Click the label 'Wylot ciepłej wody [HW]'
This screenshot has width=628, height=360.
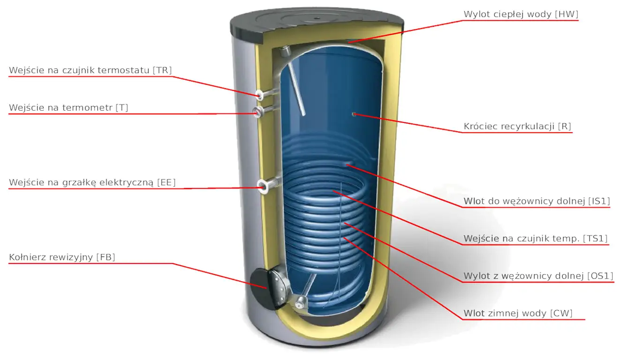tap(521, 14)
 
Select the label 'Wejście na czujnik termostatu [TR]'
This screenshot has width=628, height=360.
tap(90, 70)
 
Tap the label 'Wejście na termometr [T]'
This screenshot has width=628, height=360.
tap(68, 108)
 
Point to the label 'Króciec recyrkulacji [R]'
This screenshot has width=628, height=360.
tap(517, 127)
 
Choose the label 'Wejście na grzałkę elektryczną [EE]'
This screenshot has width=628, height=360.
tap(92, 183)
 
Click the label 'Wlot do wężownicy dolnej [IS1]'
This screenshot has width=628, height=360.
tap(537, 201)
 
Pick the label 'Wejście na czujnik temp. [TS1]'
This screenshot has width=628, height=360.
tap(536, 239)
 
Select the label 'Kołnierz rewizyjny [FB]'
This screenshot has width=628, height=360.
tap(62, 257)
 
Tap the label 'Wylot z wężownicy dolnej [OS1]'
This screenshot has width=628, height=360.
tap(538, 276)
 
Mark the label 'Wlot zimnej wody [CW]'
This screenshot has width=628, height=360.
tap(518, 313)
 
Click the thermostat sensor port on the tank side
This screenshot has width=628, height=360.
tap(260, 95)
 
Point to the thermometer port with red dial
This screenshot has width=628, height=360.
tap(257, 112)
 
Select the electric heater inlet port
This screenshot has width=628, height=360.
tap(263, 186)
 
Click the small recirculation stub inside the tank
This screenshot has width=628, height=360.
tap(354, 114)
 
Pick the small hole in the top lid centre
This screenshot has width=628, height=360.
tap(317, 18)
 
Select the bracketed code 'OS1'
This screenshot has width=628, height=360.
tap(600, 276)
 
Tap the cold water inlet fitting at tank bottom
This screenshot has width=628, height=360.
tap(300, 302)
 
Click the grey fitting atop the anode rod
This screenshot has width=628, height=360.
tap(286, 52)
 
